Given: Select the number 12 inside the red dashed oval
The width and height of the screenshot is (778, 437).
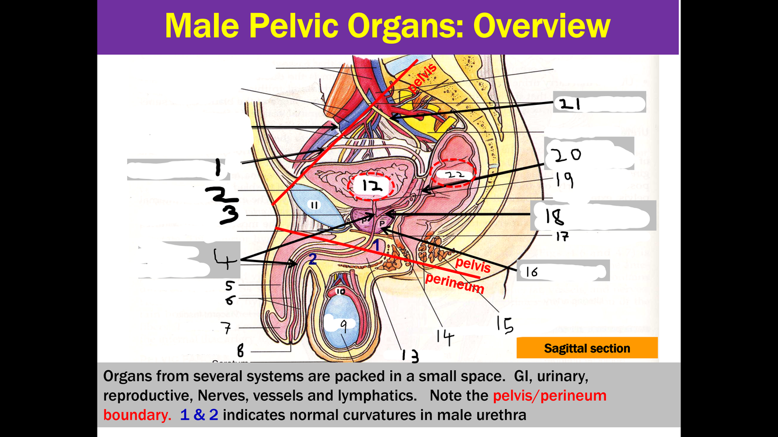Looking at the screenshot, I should point(372,186).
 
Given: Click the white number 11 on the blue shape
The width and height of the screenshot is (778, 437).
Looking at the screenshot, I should point(314,205).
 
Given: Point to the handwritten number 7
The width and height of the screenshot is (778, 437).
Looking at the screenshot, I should point(225,327).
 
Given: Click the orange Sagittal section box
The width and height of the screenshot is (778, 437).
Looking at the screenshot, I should point(587,348).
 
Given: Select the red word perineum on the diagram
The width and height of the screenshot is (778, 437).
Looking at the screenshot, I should point(454,283).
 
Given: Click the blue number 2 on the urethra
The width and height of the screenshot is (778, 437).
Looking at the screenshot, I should point(313,259).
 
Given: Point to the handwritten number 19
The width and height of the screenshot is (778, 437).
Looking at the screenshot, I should point(564,180).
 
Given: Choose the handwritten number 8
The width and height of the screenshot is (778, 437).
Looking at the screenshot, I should point(240,350).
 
